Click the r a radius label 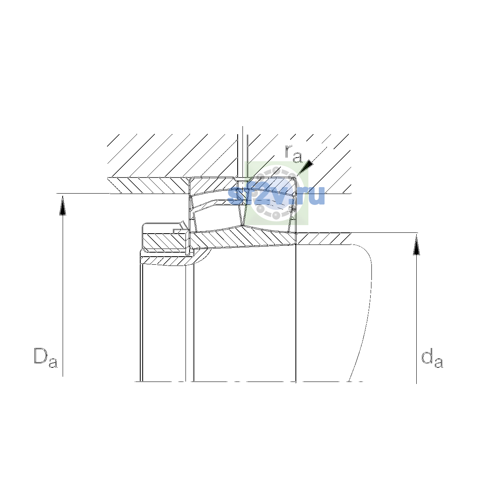tap(293, 154)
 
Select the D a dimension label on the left tap(46, 358)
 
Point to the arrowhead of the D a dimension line tap(63, 205)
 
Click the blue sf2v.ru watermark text tap(276, 196)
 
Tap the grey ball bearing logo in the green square tap(276, 193)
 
